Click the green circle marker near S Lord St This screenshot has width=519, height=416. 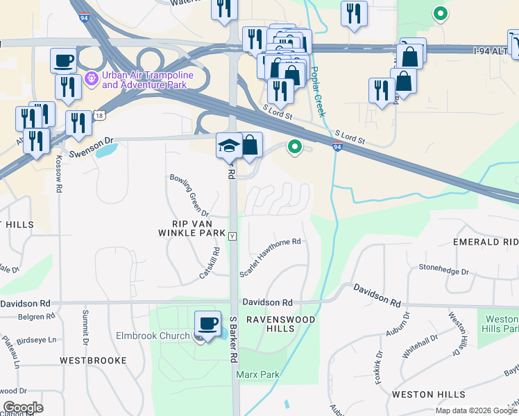point(295,147)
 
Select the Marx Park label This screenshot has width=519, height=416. point(257,374)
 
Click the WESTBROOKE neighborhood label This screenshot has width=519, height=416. point(93,361)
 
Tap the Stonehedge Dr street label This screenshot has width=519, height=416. point(443,269)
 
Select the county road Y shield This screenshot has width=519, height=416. point(232,236)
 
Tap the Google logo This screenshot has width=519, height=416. point(23,407)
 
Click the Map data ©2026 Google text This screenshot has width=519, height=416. point(475,410)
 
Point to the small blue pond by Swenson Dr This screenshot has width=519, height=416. point(106,148)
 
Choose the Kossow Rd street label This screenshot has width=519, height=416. point(59,178)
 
